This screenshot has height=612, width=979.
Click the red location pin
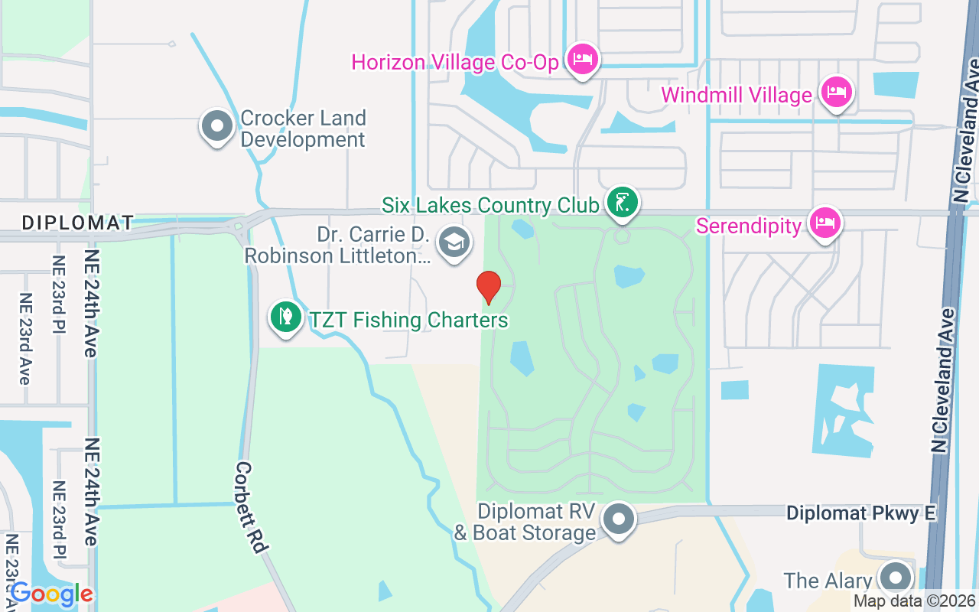489,287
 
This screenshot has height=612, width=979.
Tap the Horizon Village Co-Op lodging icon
583,58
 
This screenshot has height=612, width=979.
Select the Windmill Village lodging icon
836,93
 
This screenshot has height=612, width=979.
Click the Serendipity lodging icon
825,223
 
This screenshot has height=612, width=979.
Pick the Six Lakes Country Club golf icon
623,203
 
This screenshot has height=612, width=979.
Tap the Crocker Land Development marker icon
216,125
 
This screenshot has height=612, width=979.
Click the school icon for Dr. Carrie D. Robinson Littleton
454,243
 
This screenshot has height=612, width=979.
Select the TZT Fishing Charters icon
285,317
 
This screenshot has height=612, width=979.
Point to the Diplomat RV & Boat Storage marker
620,519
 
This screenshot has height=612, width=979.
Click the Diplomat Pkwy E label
861,513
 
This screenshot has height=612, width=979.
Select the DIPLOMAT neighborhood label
77,223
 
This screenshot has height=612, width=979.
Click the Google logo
52,594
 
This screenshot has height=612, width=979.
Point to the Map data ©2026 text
913,601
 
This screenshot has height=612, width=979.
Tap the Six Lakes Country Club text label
490,205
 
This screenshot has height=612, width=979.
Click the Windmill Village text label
737,96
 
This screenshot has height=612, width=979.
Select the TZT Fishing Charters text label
408,320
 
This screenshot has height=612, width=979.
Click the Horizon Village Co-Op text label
455,62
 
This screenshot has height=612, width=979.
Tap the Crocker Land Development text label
303,129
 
